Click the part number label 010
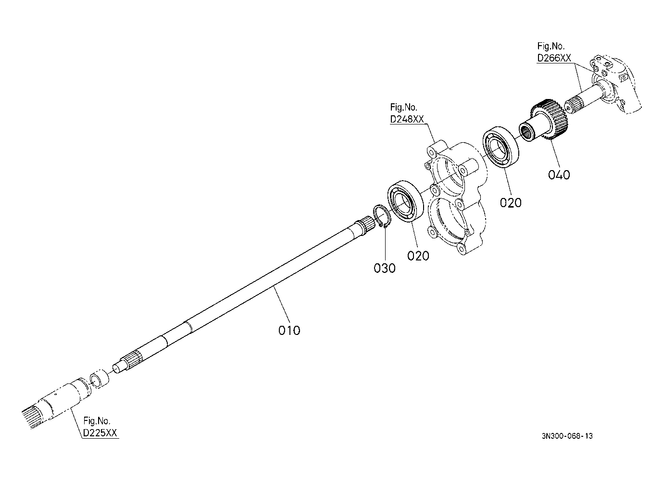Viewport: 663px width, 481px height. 289,330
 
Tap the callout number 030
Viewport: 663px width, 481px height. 385,268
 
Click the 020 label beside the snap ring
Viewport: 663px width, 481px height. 418,256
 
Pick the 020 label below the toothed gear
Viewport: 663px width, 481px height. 510,203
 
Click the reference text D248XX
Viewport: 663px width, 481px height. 407,119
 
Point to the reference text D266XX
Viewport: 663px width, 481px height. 554,58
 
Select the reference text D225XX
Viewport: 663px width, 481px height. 100,432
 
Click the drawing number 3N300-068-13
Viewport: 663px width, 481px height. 567,436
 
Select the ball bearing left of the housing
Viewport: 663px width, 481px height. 405,201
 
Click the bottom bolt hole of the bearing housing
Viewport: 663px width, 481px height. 461,248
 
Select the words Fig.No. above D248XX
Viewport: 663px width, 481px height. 403,107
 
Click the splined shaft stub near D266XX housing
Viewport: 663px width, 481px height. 574,104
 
